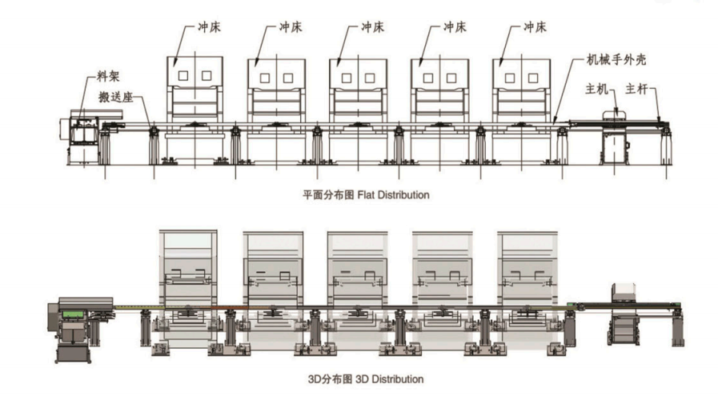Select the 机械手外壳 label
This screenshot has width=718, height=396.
616,60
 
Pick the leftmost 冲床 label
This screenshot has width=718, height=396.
209,27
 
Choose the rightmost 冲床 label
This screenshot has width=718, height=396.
535,27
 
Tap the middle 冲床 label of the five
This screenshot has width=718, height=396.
372,27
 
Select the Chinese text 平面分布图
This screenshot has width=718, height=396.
323,194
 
